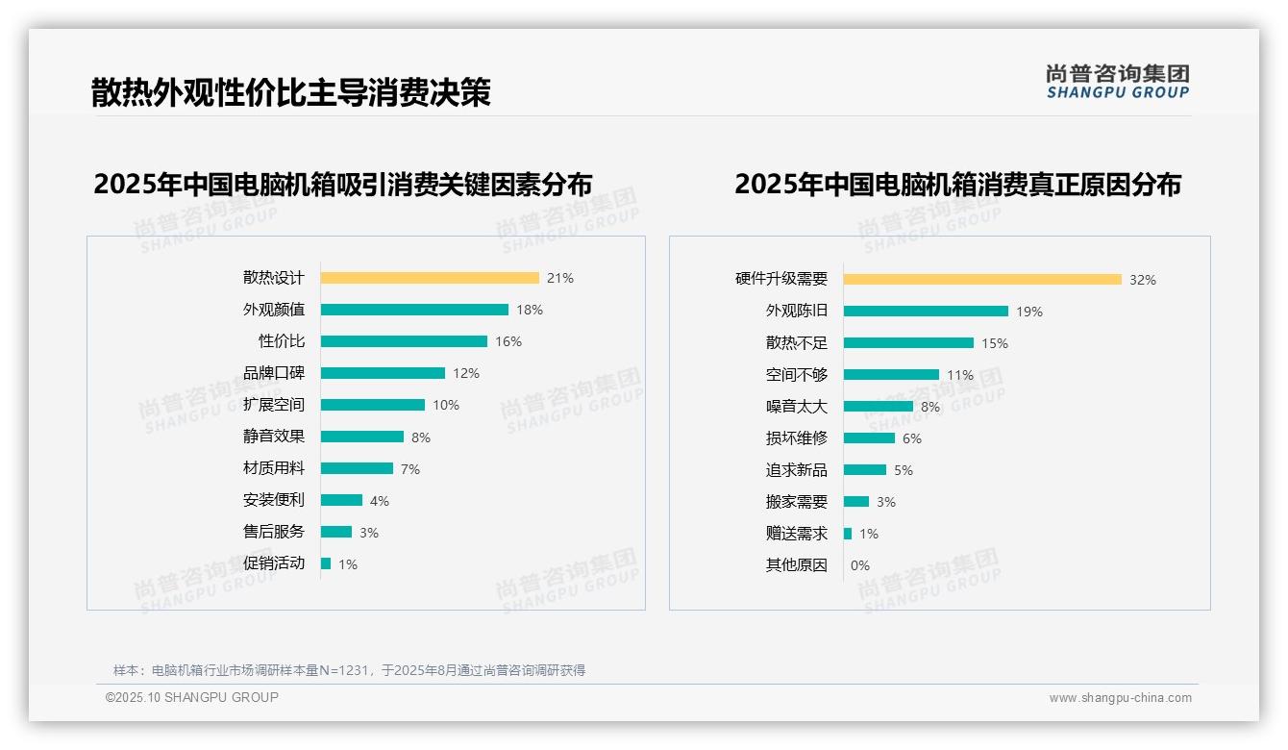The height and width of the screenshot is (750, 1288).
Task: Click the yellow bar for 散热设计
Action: (430, 278)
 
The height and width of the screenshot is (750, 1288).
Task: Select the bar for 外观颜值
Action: (414, 310)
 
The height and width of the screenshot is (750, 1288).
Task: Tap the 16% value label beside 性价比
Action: (508, 341)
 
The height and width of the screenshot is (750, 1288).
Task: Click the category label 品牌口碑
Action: (273, 373)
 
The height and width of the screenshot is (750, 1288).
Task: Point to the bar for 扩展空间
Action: (373, 405)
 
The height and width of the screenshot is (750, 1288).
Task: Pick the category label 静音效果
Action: (273, 437)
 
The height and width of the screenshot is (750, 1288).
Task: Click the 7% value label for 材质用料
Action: (410, 469)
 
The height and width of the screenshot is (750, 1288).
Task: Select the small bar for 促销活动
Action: (326, 563)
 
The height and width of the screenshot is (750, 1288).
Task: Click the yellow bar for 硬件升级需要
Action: (982, 280)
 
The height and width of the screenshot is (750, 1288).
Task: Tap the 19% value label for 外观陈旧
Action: (1029, 312)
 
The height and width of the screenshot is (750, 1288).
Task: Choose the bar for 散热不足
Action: (908, 343)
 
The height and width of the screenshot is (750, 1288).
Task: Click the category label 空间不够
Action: (796, 375)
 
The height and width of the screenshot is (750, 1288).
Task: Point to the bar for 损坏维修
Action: (869, 438)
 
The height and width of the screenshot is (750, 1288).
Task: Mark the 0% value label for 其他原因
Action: (859, 565)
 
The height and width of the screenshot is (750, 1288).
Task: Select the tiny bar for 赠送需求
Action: (848, 534)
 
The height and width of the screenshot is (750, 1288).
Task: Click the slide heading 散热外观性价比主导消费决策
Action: (290, 92)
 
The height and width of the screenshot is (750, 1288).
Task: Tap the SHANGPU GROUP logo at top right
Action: (1117, 82)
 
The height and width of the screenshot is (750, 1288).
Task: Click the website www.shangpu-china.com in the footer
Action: (1120, 698)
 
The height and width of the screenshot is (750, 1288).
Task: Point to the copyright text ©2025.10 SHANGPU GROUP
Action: (192, 697)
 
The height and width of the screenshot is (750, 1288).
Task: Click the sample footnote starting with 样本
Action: (349, 670)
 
